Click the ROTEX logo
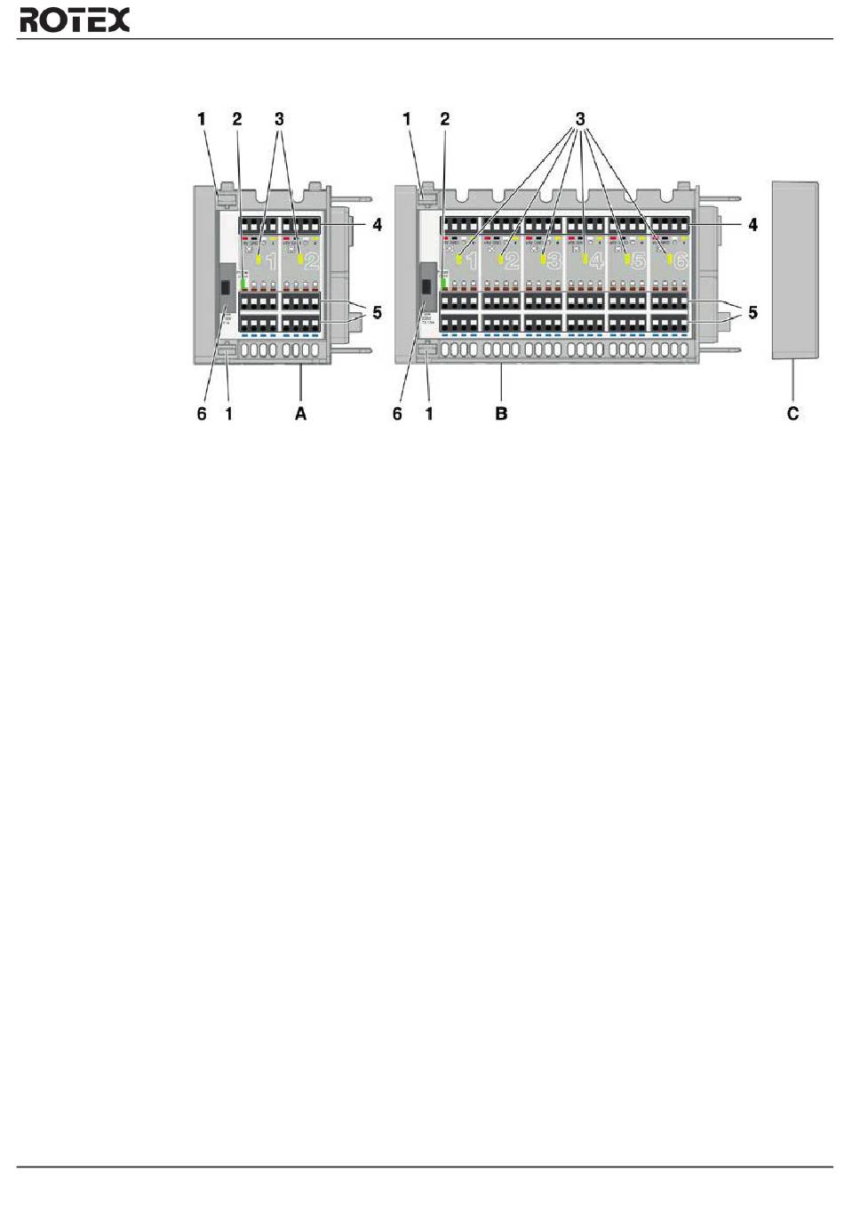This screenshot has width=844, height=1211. [75, 20]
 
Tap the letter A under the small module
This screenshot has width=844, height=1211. [301, 413]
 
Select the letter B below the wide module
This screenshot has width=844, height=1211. [502, 413]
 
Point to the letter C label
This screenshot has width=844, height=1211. [793, 413]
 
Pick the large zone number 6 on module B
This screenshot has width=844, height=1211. [681, 261]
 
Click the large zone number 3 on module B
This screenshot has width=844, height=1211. [553, 261]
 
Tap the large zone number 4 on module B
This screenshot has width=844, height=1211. [596, 261]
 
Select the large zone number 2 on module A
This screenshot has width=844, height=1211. [312, 261]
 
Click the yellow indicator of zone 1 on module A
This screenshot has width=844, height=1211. [259, 261]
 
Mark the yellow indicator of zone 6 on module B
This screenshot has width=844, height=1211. [668, 260]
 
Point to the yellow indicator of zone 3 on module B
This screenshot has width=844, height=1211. [541, 260]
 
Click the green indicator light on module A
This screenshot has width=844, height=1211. [242, 286]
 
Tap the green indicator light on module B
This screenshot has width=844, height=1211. [442, 285]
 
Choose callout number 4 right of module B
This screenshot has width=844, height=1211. [752, 225]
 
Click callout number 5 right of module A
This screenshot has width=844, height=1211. [378, 313]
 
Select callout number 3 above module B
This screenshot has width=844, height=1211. [580, 118]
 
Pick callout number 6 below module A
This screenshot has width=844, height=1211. [202, 413]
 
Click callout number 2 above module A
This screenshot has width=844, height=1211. [237, 118]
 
